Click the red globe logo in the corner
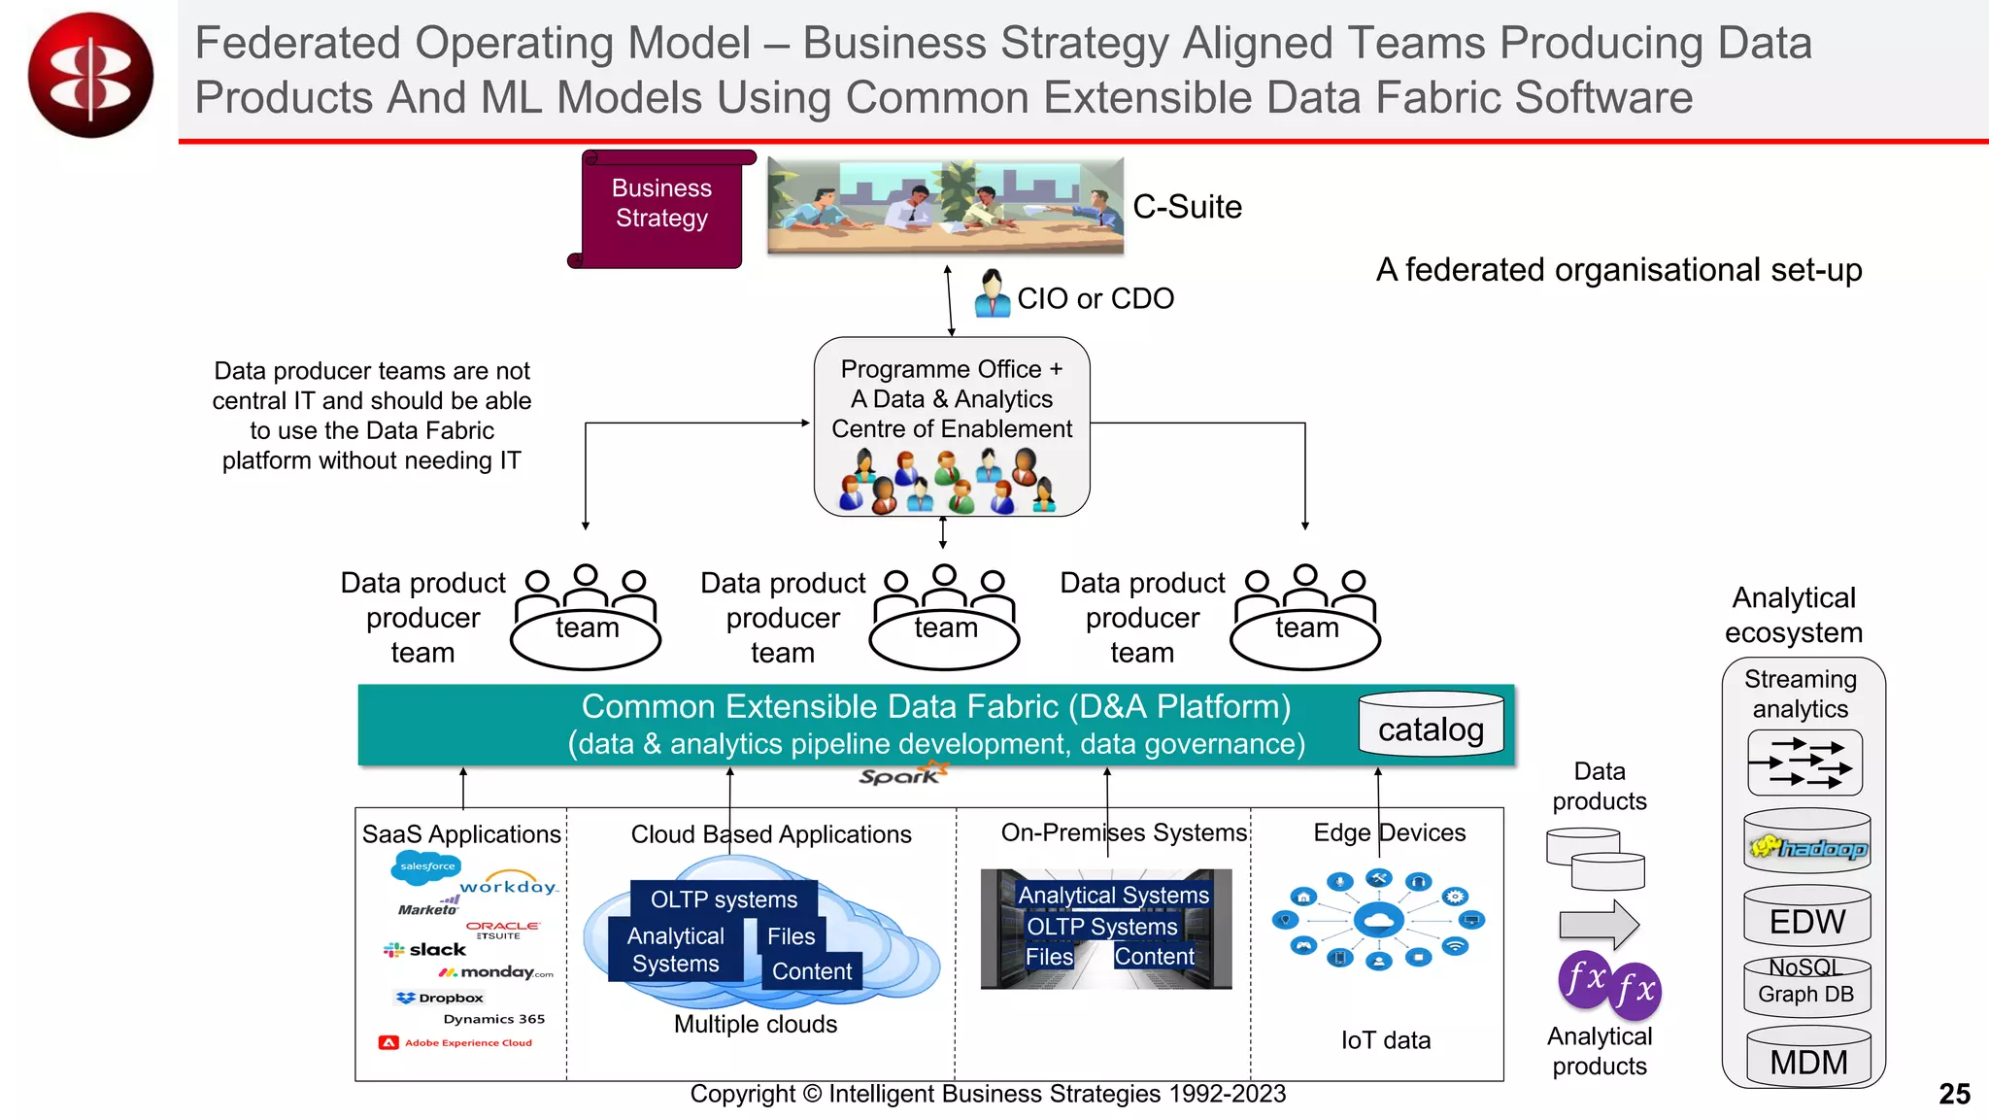point(90,75)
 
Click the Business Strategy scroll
point(661,207)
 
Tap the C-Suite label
point(1187,207)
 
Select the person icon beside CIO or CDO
point(992,293)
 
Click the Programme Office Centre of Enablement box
point(952,425)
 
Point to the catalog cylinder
point(1431,727)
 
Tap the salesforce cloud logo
point(426,866)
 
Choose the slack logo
point(425,949)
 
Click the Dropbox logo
point(439,998)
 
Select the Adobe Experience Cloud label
point(456,1042)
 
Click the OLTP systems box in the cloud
point(724,899)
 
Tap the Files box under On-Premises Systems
point(1049,957)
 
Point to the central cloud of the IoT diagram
point(1378,918)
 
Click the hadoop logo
point(1807,848)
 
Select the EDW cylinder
point(1807,918)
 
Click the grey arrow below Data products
point(1599,924)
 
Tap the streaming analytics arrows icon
point(1804,763)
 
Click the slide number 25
point(1954,1094)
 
